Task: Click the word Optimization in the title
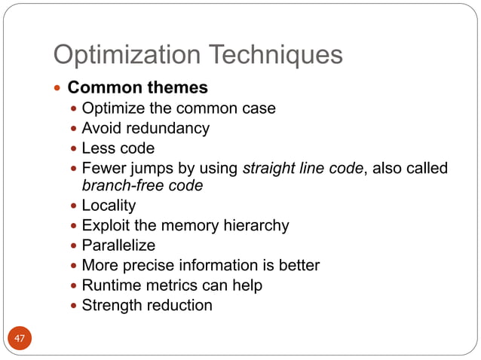tap(123, 54)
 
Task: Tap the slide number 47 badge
tap(20, 339)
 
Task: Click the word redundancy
tap(170, 128)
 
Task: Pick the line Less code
tap(118, 148)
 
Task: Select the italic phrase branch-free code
tap(142, 185)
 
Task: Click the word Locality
tap(109, 206)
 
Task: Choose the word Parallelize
tap(118, 246)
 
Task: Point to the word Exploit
tap(104, 225)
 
